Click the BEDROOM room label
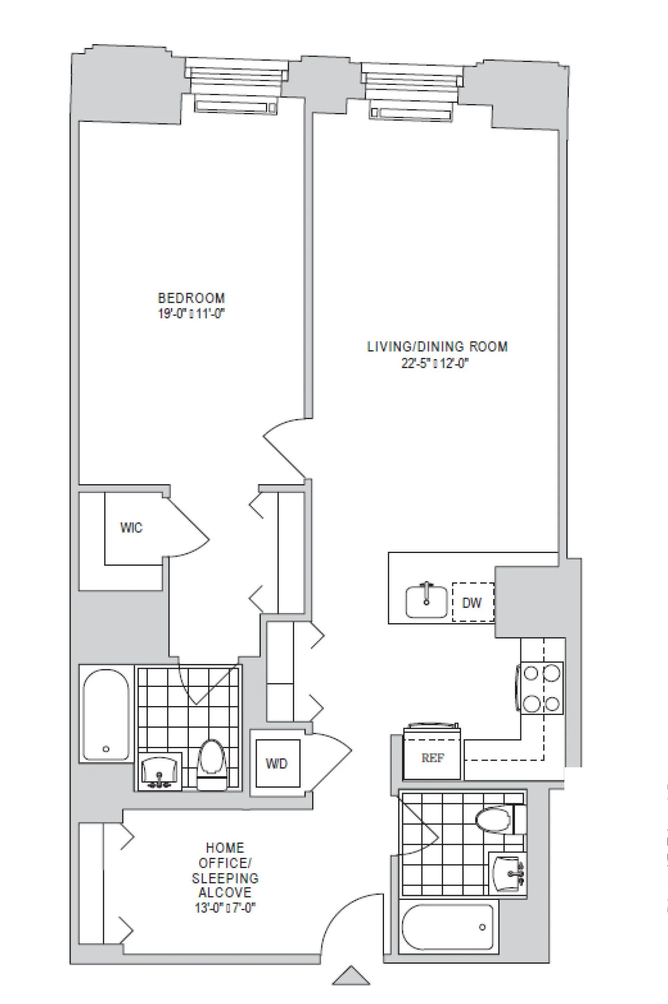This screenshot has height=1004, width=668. coord(191,298)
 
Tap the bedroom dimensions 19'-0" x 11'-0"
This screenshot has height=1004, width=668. coord(191,314)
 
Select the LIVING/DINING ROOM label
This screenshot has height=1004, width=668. coord(437,347)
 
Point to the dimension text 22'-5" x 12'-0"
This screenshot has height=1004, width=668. coord(435,363)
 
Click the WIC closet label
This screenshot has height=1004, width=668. coord(131,528)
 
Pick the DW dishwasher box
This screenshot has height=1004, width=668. coord(473,602)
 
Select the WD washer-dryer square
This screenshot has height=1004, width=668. coord(277,763)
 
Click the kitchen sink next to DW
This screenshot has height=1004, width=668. coord(426,602)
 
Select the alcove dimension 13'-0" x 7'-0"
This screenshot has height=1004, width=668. coord(225,908)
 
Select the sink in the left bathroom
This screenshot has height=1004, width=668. coord(159,771)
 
